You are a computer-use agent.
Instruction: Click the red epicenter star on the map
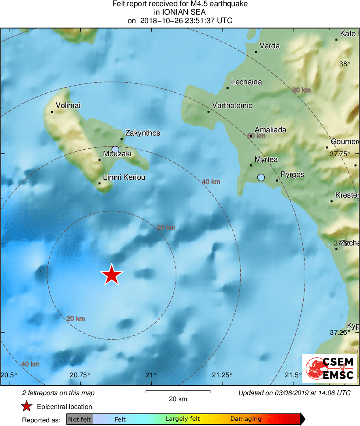click(111, 275)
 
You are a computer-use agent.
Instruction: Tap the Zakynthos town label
click(143, 133)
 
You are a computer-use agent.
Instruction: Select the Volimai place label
click(68, 105)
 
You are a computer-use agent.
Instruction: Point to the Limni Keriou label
click(124, 177)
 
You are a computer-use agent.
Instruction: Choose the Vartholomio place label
click(232, 105)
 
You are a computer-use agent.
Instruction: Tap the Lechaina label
click(246, 82)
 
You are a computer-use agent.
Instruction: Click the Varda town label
click(270, 46)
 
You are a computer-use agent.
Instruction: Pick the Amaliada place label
click(270, 130)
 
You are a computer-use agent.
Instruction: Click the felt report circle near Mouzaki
click(116, 149)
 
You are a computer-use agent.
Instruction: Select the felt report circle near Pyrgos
click(261, 177)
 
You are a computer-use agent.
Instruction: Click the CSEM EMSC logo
click(329, 368)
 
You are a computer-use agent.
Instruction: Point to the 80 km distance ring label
click(301, 90)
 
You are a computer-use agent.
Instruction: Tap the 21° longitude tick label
click(151, 374)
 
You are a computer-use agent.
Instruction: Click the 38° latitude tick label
click(345, 64)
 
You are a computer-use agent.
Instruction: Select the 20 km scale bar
click(178, 392)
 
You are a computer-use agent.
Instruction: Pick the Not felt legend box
click(79, 419)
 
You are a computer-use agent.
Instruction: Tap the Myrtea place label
click(266, 159)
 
